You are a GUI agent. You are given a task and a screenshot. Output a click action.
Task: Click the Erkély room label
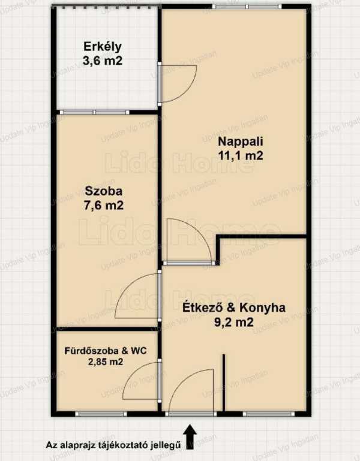coord(103,47)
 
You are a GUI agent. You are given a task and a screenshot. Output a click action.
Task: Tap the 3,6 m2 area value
coord(103,61)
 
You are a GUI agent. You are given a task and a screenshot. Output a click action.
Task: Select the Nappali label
coord(240,142)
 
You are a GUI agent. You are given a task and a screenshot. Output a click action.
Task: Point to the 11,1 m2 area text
coord(240,155)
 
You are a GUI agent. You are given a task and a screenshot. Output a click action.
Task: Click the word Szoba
coord(104,191)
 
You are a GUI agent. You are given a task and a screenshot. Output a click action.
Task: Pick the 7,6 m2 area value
coord(104,205)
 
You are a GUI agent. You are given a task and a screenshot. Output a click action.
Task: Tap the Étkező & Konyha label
coord(234,308)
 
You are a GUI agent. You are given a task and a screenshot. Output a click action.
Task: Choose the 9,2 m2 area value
coord(234,323)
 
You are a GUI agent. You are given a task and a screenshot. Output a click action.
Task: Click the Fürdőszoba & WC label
coord(106,351)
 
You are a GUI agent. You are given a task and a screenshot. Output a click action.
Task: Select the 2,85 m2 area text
coord(106,361)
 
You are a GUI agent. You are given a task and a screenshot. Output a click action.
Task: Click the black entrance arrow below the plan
coord(190,437)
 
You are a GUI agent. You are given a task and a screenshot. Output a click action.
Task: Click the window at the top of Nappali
coord(247,6)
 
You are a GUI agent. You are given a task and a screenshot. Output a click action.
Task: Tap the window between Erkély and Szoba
coord(94,112)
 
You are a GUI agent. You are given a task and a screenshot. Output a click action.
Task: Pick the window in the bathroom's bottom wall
coord(101,414)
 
